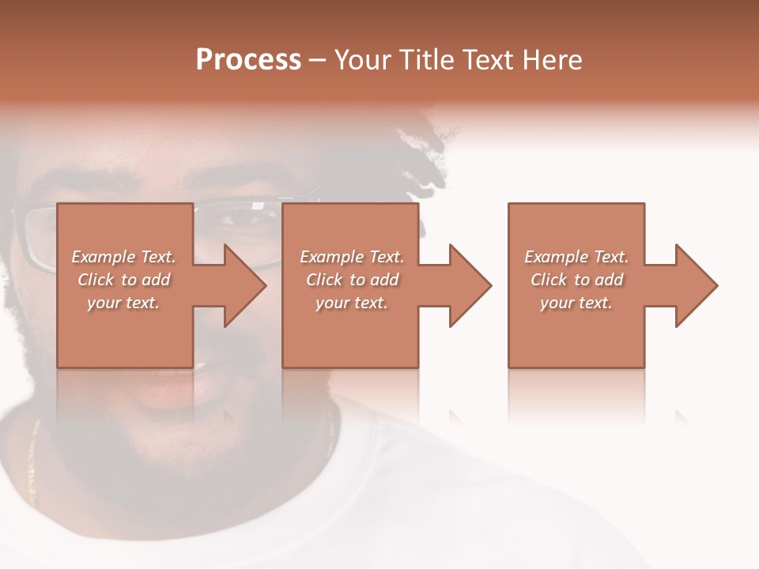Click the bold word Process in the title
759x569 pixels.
pos(248,60)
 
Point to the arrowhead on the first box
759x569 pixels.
pos(242,285)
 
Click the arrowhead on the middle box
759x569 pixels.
pos(467,285)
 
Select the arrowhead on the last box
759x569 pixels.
pos(693,285)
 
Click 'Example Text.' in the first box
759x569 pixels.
pos(123,257)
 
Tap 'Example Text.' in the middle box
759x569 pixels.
pos(352,257)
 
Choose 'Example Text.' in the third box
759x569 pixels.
pos(576,257)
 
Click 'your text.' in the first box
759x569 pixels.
pos(123,303)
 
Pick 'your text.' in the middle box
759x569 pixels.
pos(352,303)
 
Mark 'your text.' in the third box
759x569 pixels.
pos(576,303)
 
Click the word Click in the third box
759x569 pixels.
pos(549,280)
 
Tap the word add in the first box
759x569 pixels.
pos(157,280)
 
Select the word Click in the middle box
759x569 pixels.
pos(324,280)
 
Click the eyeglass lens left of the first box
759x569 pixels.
pos(36,237)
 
